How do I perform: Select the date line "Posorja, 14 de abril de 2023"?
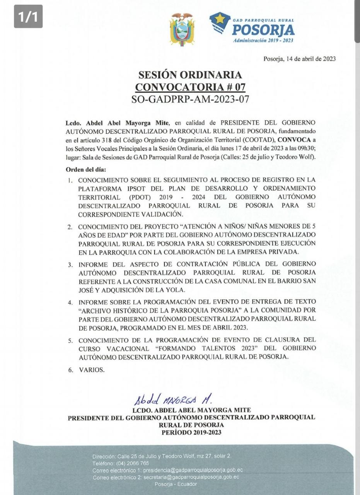coord(299,59)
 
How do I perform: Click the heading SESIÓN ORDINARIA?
coord(190,75)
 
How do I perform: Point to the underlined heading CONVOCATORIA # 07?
coord(190,87)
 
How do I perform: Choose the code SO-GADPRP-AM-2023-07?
coord(190,99)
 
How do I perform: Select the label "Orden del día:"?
coord(85,169)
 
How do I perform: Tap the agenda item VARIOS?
coord(92,370)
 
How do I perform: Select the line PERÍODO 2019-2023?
coord(191,432)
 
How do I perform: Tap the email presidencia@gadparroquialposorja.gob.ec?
coord(193,470)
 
